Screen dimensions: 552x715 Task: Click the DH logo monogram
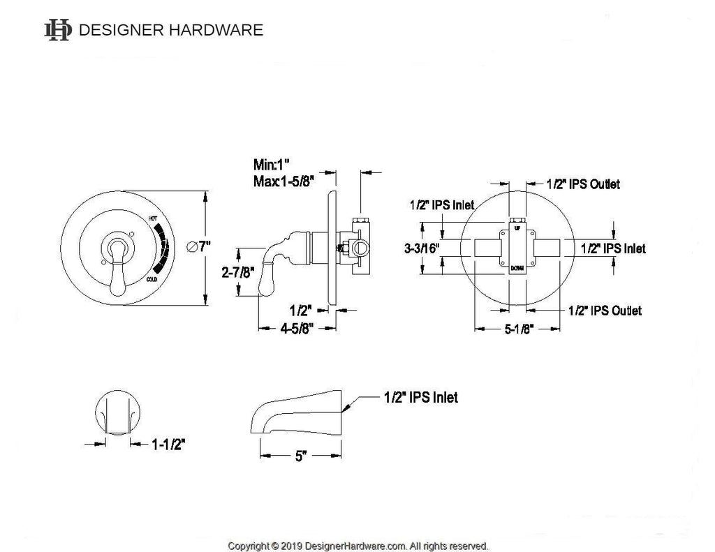click(57, 30)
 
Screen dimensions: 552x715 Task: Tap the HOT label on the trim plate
click(154, 219)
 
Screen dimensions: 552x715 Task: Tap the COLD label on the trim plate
click(152, 280)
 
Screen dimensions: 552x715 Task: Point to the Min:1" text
click(272, 166)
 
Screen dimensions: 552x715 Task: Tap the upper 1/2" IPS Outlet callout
click(583, 184)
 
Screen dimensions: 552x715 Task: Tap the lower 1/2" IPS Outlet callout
click(605, 311)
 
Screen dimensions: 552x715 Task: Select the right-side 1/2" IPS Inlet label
click(613, 248)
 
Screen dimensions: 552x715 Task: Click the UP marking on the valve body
click(517, 228)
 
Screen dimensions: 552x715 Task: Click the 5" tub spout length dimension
click(301, 456)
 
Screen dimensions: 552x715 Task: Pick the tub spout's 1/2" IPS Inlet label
click(420, 397)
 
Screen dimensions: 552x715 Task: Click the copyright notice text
click(357, 546)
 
